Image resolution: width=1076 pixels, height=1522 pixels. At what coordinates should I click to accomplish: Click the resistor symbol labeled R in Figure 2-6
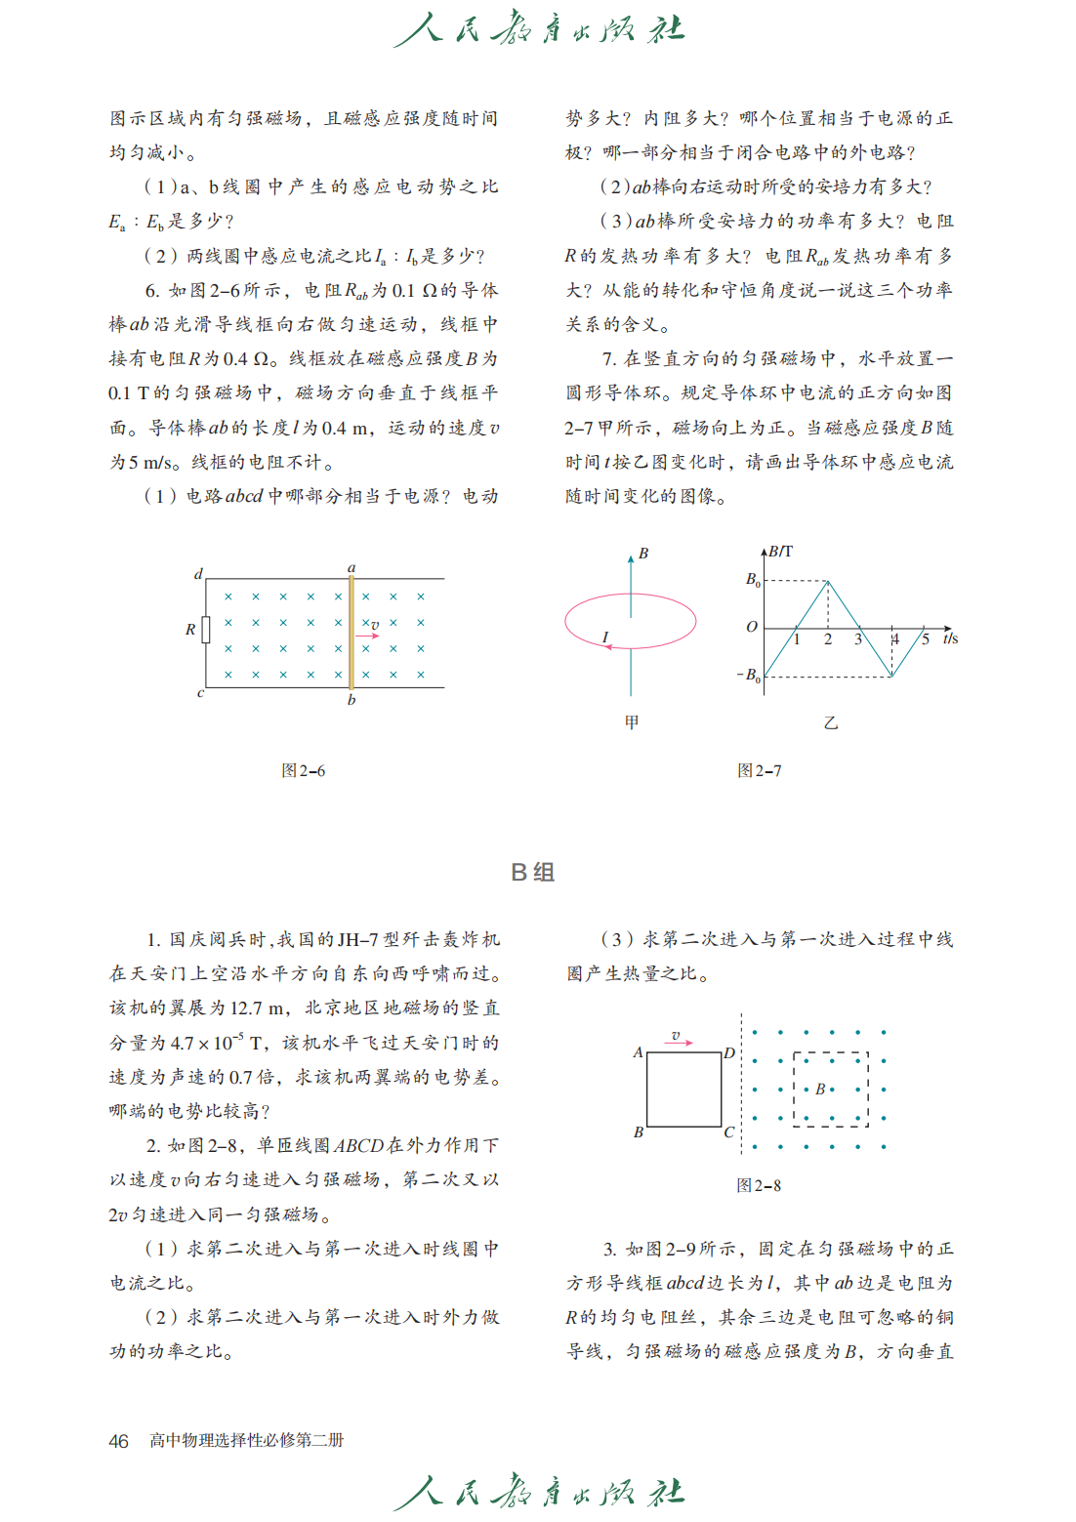206,630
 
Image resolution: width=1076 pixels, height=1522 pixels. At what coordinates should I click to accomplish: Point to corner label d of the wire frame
198,574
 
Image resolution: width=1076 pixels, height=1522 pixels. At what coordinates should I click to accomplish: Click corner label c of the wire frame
200,693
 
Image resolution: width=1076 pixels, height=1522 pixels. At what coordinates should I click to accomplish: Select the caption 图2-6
303,770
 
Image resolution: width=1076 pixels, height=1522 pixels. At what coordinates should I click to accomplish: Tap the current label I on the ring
605,638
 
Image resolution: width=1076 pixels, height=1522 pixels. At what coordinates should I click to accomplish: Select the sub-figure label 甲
632,722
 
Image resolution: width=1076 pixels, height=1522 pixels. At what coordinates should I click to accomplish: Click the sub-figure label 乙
830,722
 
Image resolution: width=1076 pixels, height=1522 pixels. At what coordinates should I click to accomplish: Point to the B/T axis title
780,552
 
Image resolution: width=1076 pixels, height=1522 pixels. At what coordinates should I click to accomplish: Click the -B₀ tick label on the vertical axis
748,675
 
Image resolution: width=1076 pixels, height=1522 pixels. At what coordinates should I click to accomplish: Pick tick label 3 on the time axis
858,639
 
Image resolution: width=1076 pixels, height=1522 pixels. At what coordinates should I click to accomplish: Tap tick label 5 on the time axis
926,639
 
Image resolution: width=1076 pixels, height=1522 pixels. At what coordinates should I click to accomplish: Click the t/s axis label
950,638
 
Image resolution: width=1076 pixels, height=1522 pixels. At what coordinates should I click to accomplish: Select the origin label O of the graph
751,627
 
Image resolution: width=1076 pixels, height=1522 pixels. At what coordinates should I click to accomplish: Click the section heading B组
532,872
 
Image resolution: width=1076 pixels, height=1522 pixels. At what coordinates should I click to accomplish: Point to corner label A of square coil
638,1052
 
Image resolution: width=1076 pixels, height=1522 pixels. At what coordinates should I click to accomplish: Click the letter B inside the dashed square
820,1089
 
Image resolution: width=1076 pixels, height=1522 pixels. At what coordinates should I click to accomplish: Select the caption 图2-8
759,1185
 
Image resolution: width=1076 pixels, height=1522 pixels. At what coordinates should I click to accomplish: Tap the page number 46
118,1441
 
